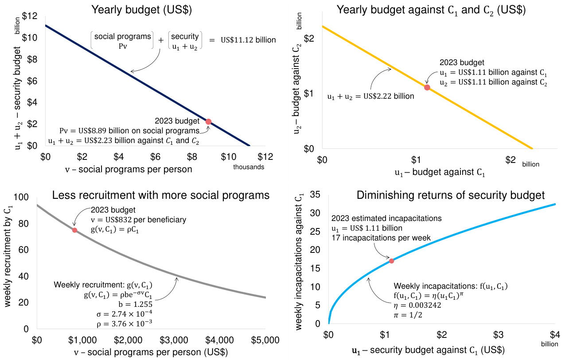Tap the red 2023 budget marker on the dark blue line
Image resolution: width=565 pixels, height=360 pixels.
coord(208,121)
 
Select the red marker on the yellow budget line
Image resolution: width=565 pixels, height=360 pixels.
coord(427,87)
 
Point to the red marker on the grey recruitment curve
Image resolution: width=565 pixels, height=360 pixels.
coord(74,230)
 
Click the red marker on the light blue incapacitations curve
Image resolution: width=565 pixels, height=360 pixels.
coord(391,261)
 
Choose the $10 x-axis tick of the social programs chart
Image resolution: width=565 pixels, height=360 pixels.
coord(228,157)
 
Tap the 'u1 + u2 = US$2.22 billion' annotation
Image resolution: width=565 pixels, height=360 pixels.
coord(370,96)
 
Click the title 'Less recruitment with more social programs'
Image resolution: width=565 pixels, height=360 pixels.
coord(161,195)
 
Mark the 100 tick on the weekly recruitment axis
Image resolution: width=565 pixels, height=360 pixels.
coord(22,197)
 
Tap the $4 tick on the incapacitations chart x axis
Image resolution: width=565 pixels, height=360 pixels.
coord(554,334)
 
